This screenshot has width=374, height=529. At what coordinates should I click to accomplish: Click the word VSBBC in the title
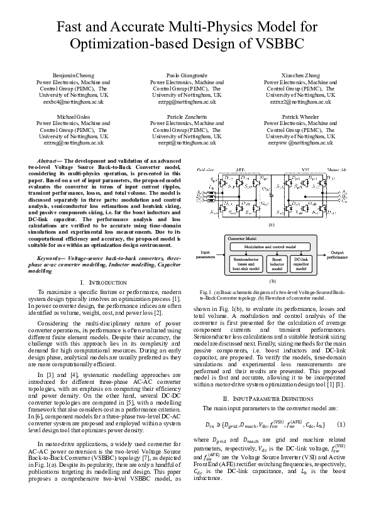coord(272,45)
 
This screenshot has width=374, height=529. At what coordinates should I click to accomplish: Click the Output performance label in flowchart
coord(337,254)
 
